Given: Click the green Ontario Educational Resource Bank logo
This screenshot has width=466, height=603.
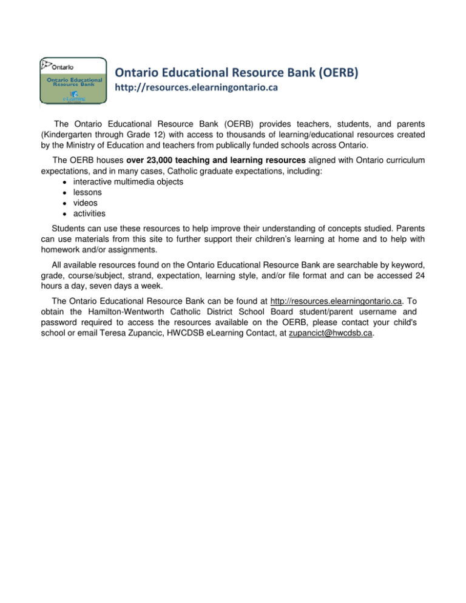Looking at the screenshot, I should (x=72, y=83).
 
